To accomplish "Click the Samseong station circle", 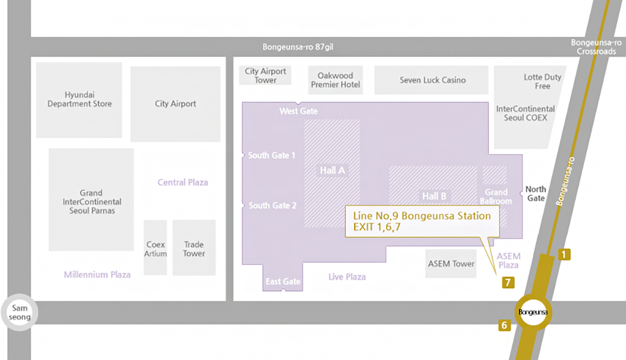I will (x=19, y=312).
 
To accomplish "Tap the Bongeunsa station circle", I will (x=533, y=312).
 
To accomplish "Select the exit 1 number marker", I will (x=564, y=255).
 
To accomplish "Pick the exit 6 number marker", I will (x=504, y=325).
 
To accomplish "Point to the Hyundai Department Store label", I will (x=79, y=99).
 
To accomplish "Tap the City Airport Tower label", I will (x=265, y=75).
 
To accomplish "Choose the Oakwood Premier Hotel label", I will (x=335, y=80).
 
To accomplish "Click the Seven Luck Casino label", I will (x=432, y=80).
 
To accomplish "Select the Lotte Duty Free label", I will (x=542, y=81).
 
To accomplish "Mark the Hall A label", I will (x=332, y=171).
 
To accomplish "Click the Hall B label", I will (x=434, y=196).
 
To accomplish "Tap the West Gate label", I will (x=298, y=111).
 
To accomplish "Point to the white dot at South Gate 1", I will (x=242, y=155).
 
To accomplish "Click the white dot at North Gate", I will (x=522, y=192).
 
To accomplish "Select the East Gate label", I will (x=283, y=281).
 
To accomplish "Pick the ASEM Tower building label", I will (x=451, y=264).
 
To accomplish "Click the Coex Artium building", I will (x=155, y=248).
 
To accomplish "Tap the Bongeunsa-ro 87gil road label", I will (x=293, y=47).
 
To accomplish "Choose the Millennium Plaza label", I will (x=97, y=274).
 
